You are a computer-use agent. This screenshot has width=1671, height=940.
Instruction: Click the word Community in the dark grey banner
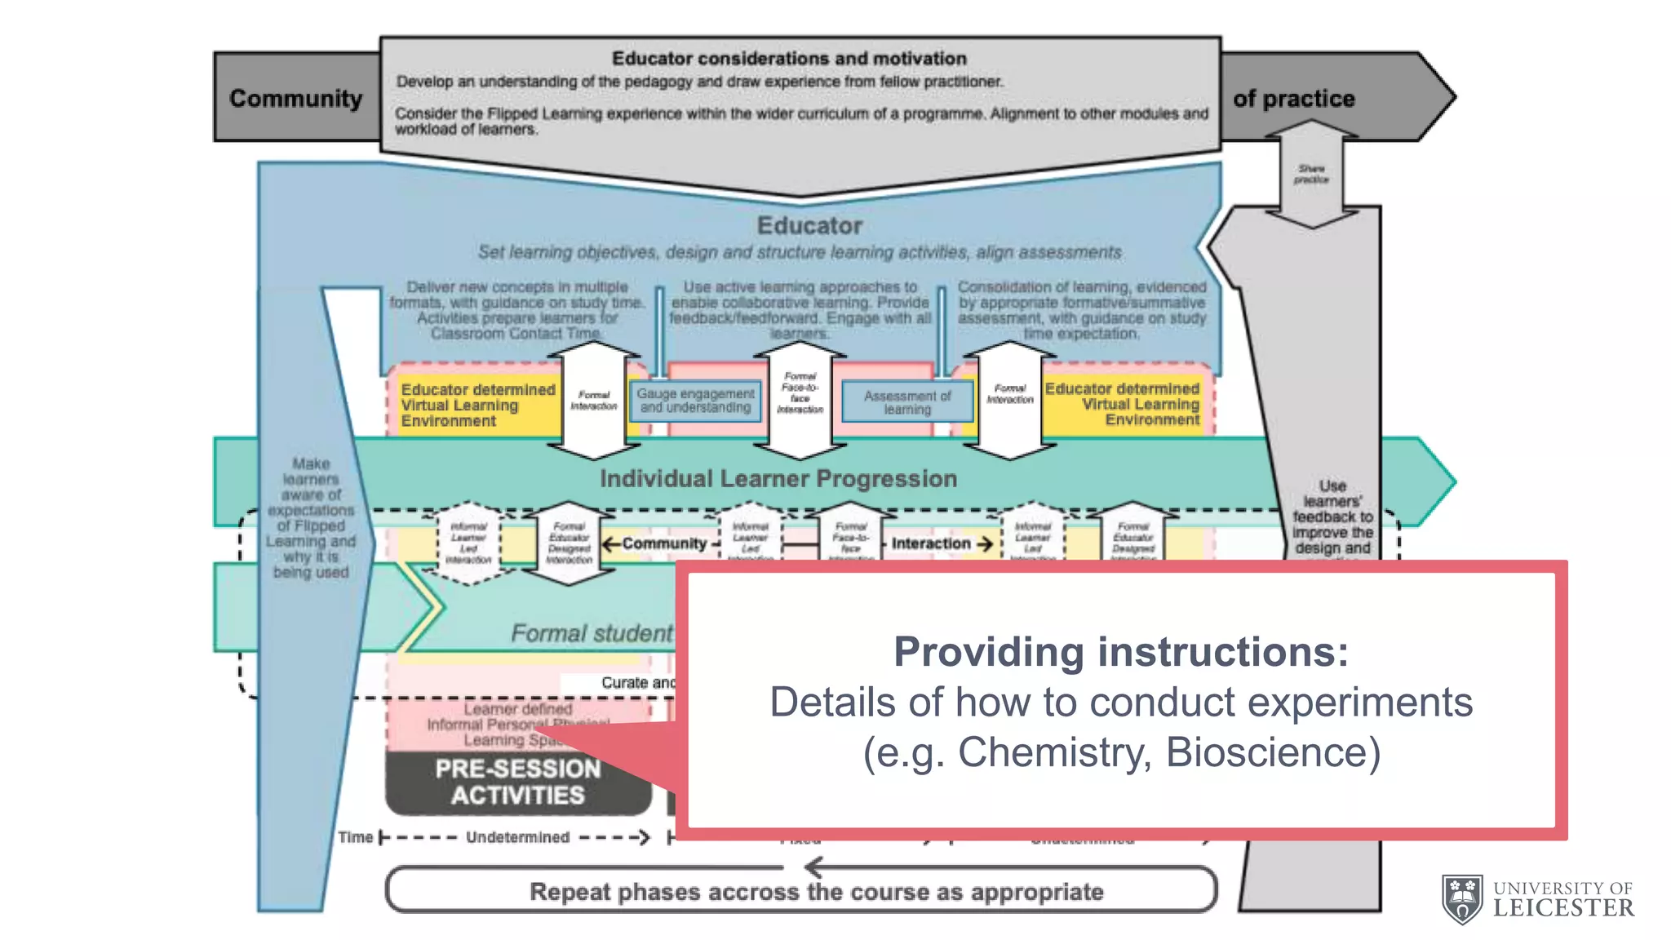[295, 98]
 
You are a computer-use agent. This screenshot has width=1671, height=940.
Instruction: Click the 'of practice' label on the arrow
[1293, 99]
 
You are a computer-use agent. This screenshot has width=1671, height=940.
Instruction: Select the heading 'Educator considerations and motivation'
[789, 59]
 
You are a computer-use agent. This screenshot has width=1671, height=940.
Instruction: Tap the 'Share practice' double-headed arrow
[1311, 174]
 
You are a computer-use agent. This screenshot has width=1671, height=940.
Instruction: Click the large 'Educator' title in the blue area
[809, 225]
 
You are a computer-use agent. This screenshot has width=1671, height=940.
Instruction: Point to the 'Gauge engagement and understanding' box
[695, 401]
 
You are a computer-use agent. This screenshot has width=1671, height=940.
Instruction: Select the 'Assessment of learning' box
[907, 402]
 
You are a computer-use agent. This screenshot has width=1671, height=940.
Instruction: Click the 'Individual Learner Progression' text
[778, 478]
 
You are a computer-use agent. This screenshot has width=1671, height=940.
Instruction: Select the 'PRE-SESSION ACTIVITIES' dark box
[518, 782]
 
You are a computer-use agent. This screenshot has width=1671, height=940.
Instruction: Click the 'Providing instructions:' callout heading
[1121, 651]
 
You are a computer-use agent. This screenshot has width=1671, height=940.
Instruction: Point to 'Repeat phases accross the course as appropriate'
[816, 892]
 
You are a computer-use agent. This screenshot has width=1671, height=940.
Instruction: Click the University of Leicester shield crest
[1462, 899]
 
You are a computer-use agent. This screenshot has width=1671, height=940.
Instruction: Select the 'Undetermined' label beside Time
[517, 837]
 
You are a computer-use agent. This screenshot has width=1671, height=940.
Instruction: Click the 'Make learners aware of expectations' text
[311, 517]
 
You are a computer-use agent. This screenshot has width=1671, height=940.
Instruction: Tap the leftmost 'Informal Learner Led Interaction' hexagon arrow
[469, 543]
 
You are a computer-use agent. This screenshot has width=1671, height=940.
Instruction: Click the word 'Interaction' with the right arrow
[931, 543]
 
